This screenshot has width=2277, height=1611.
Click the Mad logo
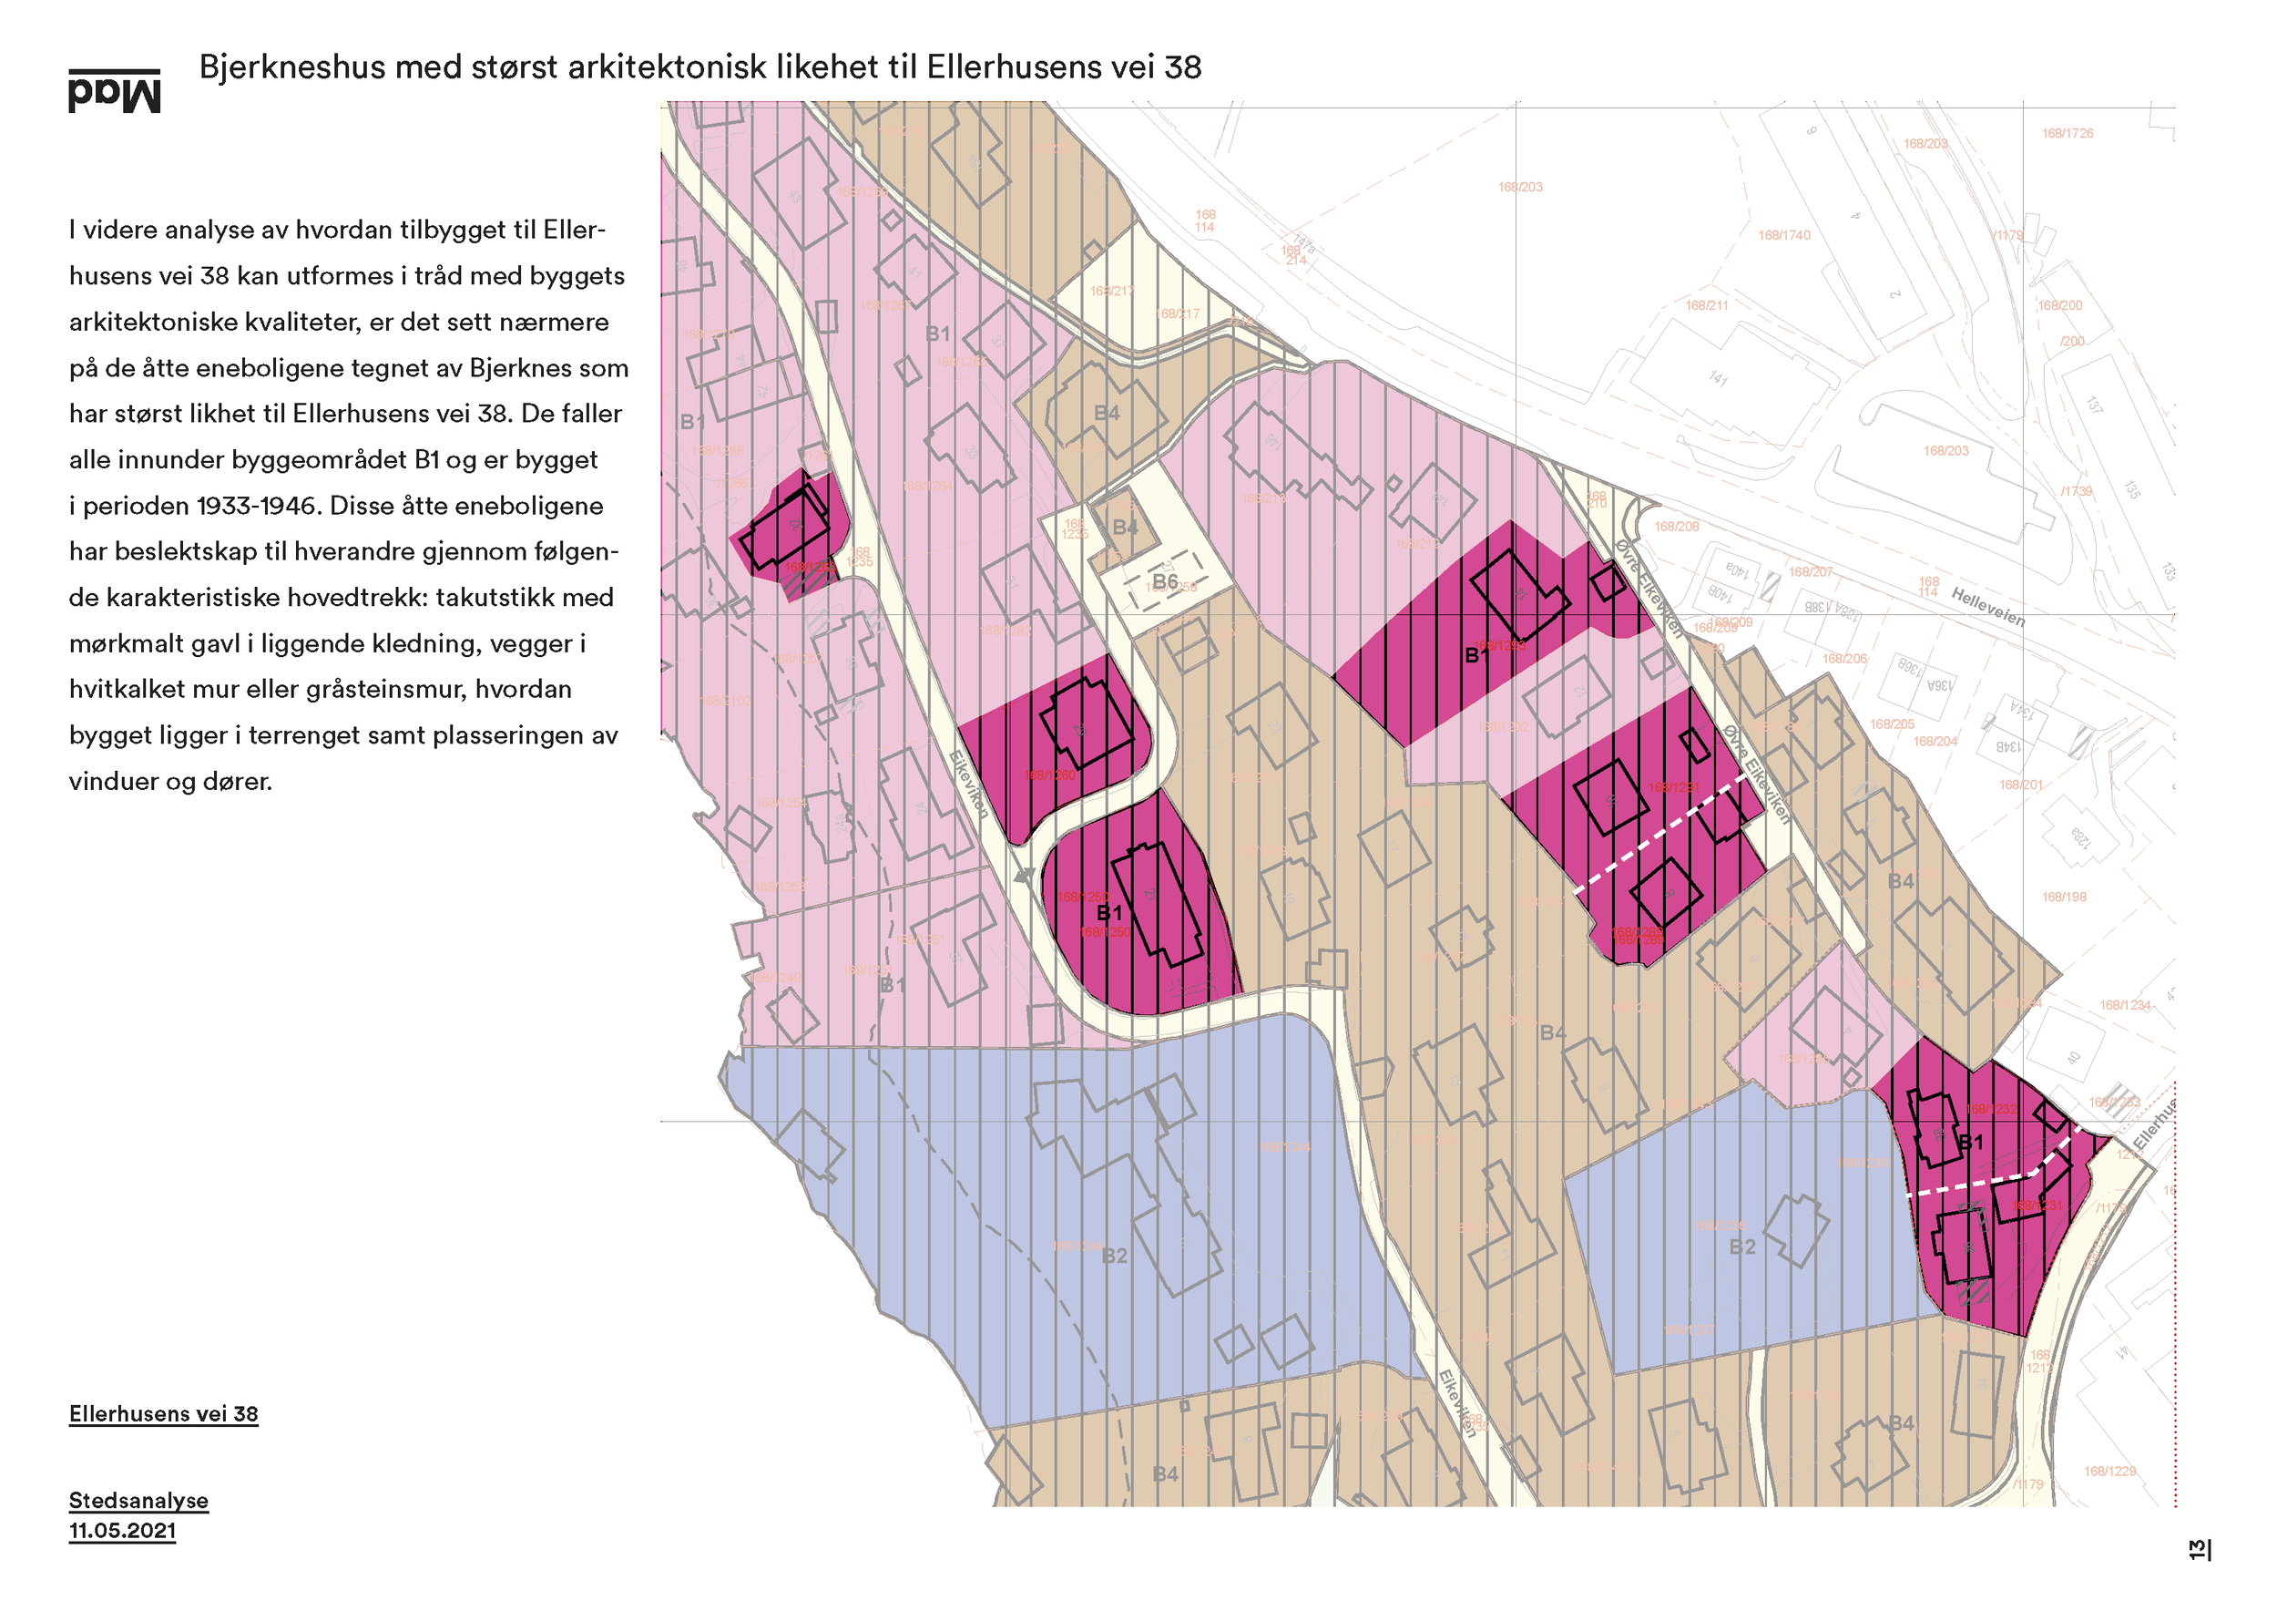pos(114,91)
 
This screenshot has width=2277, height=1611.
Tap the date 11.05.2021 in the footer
pos(122,1531)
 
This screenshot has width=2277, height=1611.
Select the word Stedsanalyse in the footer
pos(138,1500)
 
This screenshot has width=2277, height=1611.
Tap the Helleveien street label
pos(1987,606)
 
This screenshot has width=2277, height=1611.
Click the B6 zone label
pos(1164,581)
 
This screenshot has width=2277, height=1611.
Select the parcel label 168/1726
pos(2067,133)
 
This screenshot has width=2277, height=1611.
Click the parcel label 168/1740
pos(1784,235)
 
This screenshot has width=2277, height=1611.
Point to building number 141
pos(1718,378)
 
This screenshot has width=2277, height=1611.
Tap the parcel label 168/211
pos(1707,305)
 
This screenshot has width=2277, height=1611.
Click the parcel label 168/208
pos(1676,527)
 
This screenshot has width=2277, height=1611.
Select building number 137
pos(2092,405)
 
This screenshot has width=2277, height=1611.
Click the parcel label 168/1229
pos(2109,1471)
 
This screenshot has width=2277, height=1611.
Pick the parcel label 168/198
pos(2064,897)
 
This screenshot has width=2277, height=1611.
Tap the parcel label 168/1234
pos(2124,1006)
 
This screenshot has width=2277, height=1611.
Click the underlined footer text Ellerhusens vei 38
pos(164,1413)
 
